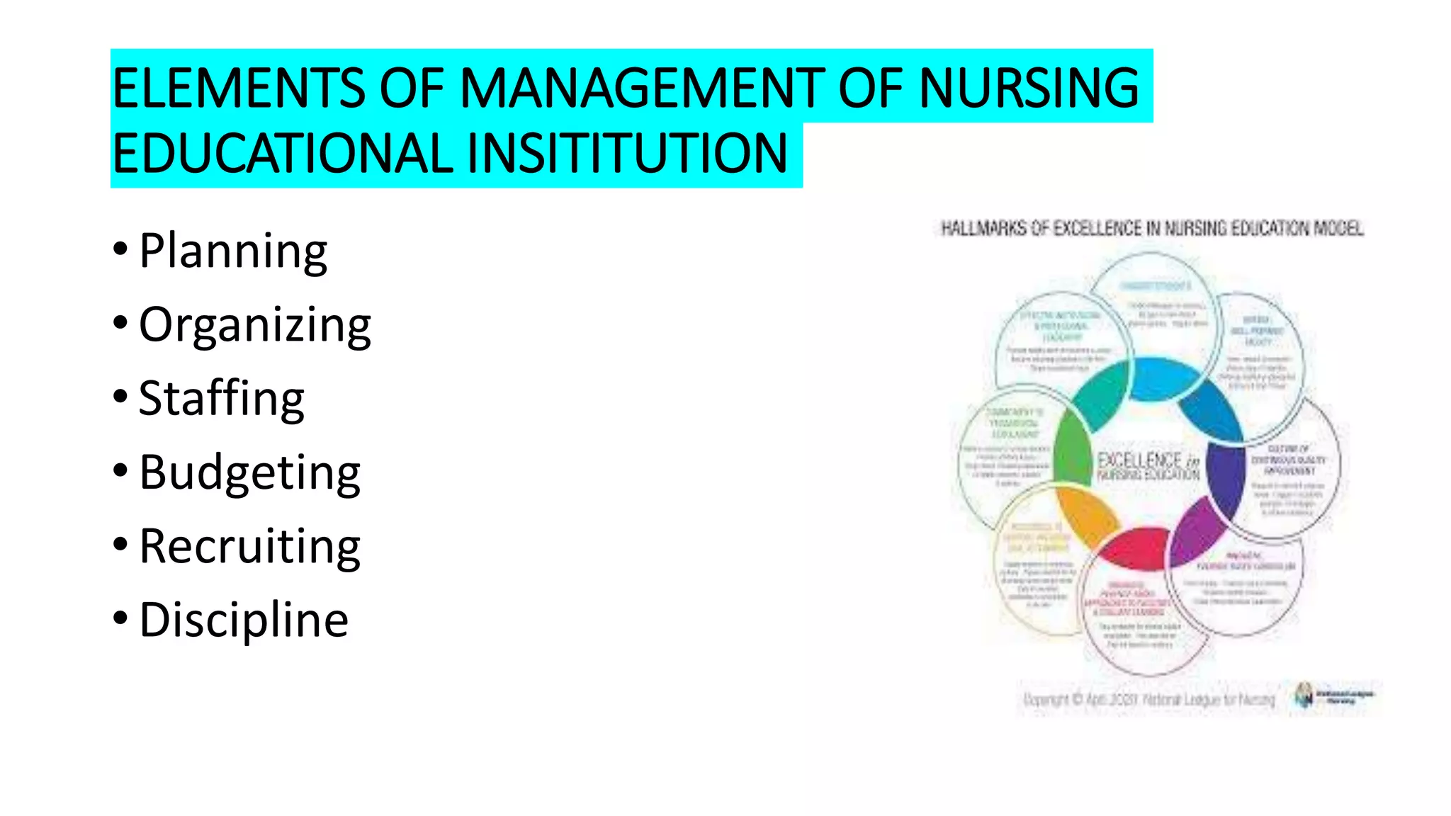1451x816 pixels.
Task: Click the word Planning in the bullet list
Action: (233, 251)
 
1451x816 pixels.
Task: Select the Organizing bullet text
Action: (254, 325)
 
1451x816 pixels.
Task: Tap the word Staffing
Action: (221, 399)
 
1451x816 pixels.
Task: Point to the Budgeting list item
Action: (249, 472)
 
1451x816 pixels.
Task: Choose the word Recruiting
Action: (249, 546)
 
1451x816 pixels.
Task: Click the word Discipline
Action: (244, 620)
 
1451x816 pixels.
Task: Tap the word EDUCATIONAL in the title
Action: (283, 153)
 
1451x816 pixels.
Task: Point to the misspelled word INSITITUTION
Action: (626, 153)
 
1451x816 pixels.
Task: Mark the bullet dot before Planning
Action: (120, 249)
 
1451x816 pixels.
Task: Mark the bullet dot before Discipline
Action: (120, 618)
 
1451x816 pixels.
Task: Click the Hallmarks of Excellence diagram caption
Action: (1152, 228)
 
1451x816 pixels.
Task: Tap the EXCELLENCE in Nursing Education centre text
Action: (1148, 466)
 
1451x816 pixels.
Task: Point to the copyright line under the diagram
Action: (1148, 700)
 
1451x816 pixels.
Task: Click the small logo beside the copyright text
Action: (1304, 696)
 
